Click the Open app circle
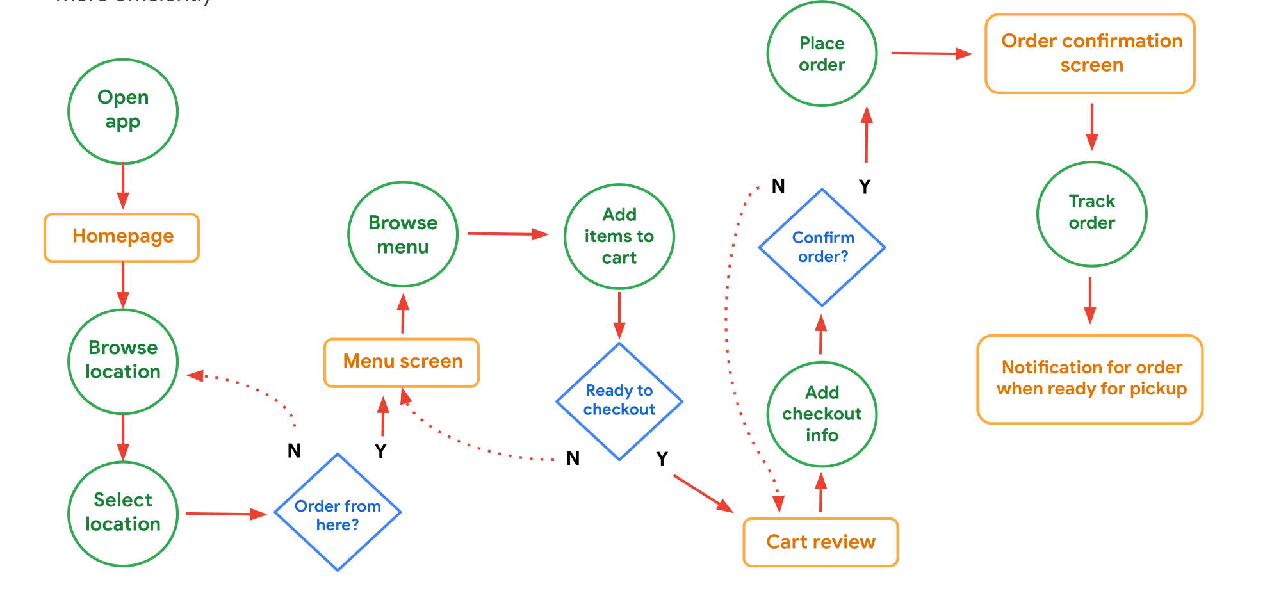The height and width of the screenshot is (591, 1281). (x=123, y=111)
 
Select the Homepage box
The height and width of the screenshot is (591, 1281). (x=122, y=238)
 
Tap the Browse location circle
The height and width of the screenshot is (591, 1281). (x=123, y=361)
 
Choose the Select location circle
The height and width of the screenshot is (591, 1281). (x=123, y=514)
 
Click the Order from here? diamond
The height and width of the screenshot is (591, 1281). (x=338, y=512)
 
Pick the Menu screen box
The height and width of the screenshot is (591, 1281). (x=402, y=362)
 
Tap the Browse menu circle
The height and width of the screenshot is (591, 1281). (x=403, y=234)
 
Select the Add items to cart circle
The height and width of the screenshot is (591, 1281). (x=619, y=236)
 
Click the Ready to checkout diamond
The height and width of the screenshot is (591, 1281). (x=619, y=401)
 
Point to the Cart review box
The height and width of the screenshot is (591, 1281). (x=820, y=542)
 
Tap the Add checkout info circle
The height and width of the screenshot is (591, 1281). (x=822, y=414)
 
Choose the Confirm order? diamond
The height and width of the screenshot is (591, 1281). (x=822, y=247)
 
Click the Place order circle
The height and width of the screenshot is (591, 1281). (x=822, y=54)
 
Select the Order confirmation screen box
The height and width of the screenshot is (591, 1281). (x=1090, y=54)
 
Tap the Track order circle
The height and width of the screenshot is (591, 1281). (x=1092, y=214)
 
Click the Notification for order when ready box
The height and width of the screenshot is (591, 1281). (x=1090, y=379)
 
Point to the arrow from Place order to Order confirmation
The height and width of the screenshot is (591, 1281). (x=931, y=54)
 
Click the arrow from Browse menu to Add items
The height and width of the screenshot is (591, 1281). (x=508, y=234)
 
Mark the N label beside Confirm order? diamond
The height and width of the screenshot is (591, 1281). (x=778, y=186)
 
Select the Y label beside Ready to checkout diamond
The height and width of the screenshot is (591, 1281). (x=662, y=459)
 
